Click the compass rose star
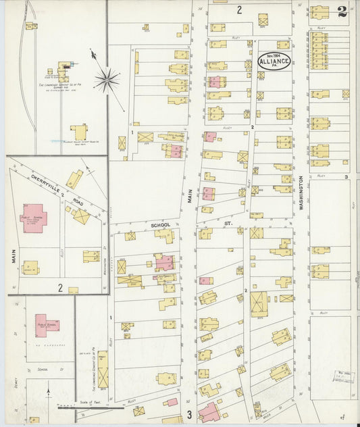(x=107, y=81)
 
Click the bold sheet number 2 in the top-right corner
(x=343, y=11)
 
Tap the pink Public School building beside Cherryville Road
(x=34, y=219)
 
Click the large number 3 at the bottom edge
(x=190, y=414)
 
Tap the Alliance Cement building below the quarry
(x=80, y=132)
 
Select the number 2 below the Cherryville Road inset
(x=60, y=288)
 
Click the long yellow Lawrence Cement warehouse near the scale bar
(x=103, y=369)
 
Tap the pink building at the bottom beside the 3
(x=209, y=411)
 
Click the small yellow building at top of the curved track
(x=31, y=26)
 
